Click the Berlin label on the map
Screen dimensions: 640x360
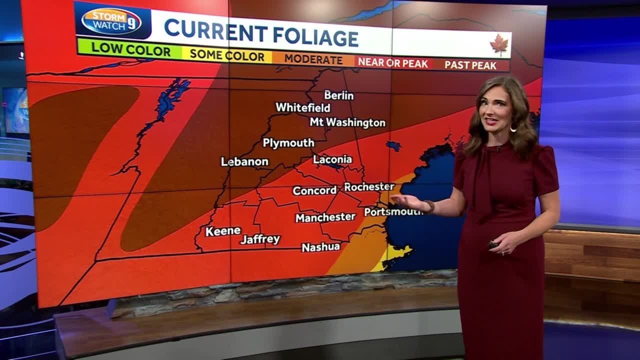(x=338, y=95)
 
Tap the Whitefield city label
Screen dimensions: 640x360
(x=302, y=107)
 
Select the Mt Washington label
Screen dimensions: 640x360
(x=347, y=122)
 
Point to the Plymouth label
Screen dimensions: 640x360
(x=288, y=143)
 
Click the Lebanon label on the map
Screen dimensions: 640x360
(x=244, y=161)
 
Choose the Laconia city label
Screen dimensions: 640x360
(x=332, y=159)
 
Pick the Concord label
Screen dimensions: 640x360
(x=314, y=190)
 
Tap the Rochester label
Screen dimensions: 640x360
(x=369, y=186)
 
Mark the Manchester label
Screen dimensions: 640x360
(x=325, y=217)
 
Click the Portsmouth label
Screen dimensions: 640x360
(x=393, y=211)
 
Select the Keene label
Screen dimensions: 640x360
(x=223, y=231)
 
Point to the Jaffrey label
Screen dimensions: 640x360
(x=260, y=239)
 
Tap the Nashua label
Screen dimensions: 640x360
(x=320, y=247)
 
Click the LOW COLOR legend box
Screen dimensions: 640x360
(x=130, y=50)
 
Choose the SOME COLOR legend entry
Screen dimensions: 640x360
(x=226, y=55)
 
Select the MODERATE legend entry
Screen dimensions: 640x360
(x=313, y=59)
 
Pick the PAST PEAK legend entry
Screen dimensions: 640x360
(x=470, y=65)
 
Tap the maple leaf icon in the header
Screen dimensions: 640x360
(x=498, y=45)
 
